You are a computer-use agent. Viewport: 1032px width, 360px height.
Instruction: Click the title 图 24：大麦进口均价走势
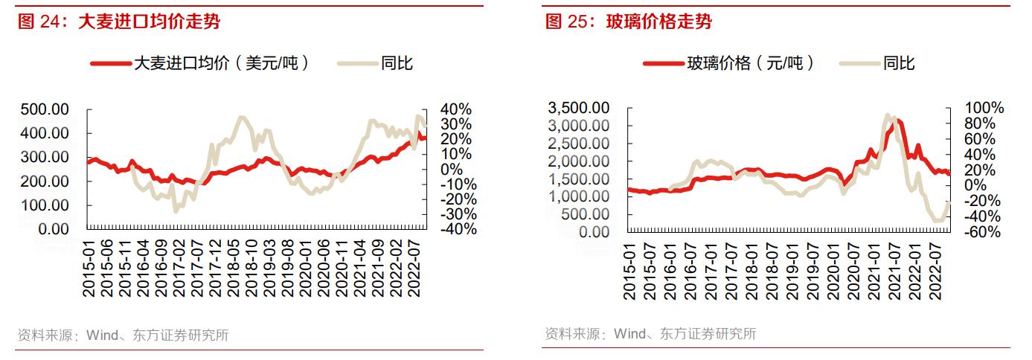[x=119, y=22]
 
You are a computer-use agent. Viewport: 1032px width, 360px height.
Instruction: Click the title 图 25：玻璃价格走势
[x=629, y=22]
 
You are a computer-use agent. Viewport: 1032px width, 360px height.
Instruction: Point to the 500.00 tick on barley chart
[x=44, y=109]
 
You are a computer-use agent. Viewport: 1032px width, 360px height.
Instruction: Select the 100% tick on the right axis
[x=982, y=108]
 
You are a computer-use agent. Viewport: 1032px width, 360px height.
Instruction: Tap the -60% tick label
[x=982, y=232]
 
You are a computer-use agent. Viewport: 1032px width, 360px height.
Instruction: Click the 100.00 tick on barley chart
[x=44, y=205]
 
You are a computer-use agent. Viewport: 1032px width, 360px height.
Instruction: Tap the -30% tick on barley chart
[x=455, y=214]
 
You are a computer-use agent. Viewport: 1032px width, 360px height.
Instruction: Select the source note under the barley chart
[x=123, y=335]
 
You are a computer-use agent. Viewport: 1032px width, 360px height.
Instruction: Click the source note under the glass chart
[x=650, y=333]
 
